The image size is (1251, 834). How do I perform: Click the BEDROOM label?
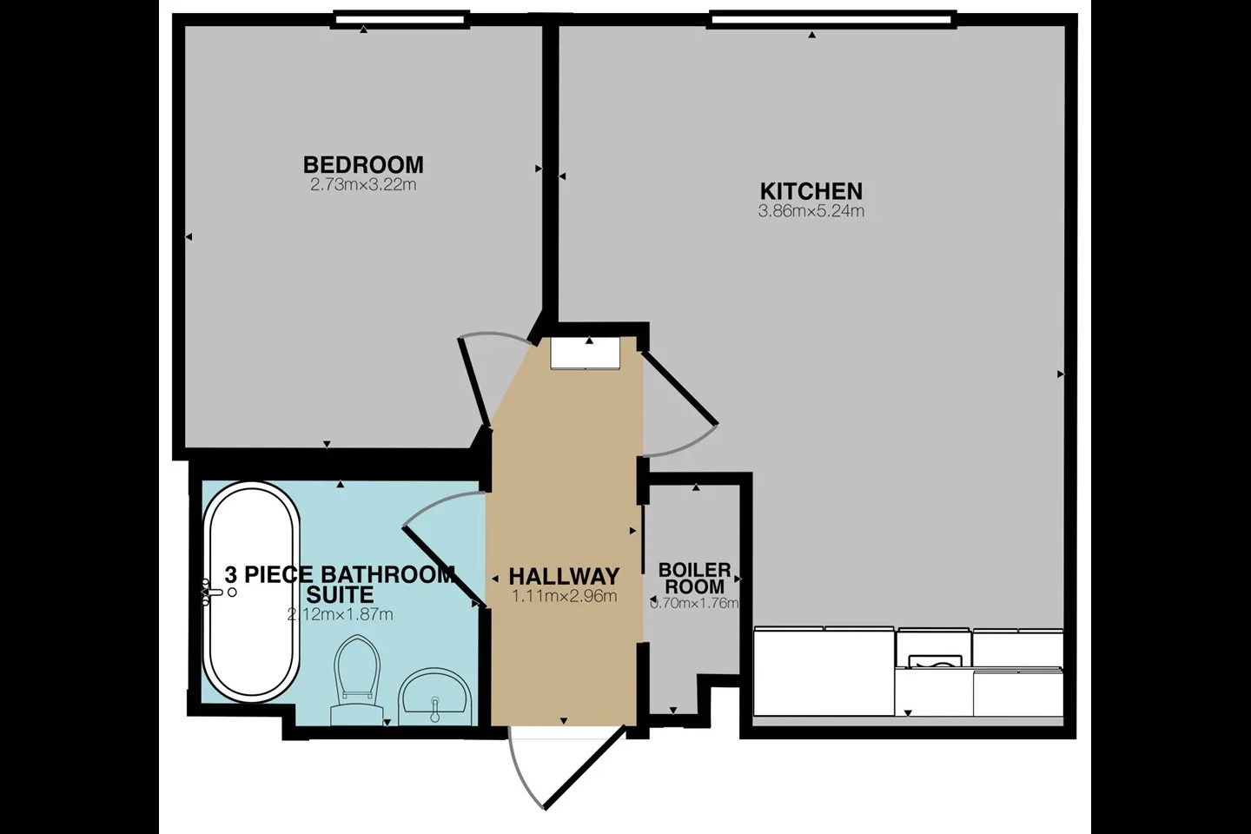click(x=363, y=165)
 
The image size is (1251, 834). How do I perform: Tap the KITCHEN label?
click(x=811, y=192)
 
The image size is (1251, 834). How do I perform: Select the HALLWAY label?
click(x=564, y=576)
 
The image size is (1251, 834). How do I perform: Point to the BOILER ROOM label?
click(x=695, y=579)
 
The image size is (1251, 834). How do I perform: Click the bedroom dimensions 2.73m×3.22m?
click(x=363, y=185)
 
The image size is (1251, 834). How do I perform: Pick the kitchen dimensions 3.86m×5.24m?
click(x=811, y=211)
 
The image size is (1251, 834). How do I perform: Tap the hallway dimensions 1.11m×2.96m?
click(x=564, y=596)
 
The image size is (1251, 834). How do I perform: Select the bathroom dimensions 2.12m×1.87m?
click(x=341, y=614)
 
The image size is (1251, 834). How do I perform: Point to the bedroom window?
click(x=400, y=19)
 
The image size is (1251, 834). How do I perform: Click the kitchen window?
click(x=832, y=19)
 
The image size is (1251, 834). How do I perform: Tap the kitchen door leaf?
click(x=679, y=387)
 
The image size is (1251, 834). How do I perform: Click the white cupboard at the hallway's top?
click(x=586, y=353)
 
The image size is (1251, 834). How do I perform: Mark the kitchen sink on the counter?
click(x=935, y=661)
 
